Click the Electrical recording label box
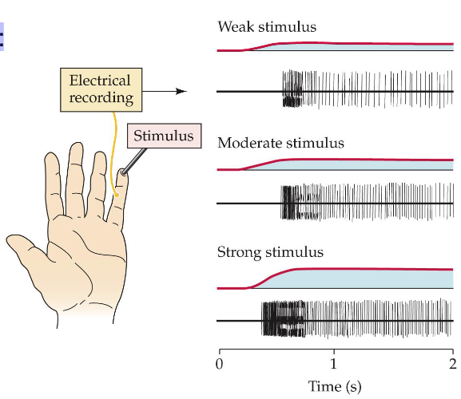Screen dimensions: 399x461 click(100, 89)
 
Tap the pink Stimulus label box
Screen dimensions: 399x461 click(163, 136)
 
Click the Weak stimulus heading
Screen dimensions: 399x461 click(267, 27)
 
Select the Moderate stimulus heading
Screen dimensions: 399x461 click(280, 143)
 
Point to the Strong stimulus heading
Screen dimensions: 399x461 click(270, 252)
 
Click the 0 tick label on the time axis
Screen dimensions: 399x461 click(220, 366)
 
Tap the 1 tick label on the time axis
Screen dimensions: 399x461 click(335, 366)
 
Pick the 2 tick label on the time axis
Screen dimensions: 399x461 click(452, 366)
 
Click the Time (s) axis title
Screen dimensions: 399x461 click(335, 387)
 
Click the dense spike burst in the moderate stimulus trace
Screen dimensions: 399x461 click(290, 204)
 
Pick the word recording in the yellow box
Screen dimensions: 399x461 click(100, 98)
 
